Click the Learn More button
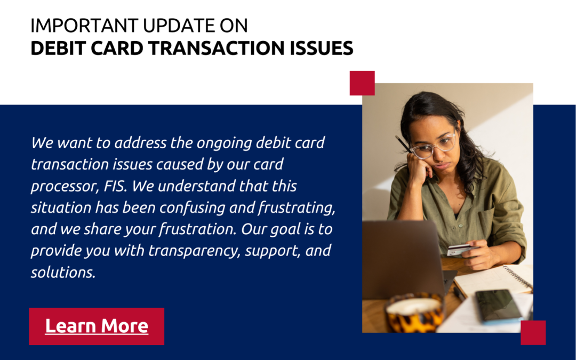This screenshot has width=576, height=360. pyautogui.click(x=97, y=326)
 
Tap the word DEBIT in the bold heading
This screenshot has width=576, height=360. pyautogui.click(x=59, y=48)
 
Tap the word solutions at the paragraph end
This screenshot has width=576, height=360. pyautogui.click(x=63, y=272)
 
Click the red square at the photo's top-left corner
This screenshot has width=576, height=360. pyautogui.click(x=362, y=83)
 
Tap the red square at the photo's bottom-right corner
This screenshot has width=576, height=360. pyautogui.click(x=533, y=332)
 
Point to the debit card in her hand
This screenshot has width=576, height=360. pyautogui.click(x=459, y=250)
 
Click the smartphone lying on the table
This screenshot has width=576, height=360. pyautogui.click(x=498, y=306)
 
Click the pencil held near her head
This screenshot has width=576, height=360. pyautogui.click(x=403, y=144)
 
